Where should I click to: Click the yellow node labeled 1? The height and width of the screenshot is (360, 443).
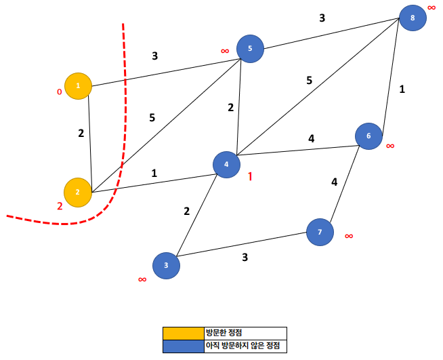[x=78, y=86]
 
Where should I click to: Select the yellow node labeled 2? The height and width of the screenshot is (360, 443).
[x=77, y=192]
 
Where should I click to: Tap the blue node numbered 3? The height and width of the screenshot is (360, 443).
[x=166, y=266]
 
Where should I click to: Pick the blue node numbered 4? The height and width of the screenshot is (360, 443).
[x=226, y=164]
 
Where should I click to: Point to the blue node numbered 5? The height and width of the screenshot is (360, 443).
[x=250, y=49]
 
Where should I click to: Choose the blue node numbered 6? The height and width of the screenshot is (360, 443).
[x=369, y=136]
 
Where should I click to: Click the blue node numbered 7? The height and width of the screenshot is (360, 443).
[x=320, y=233]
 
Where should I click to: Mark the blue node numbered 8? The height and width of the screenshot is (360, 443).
[x=413, y=18]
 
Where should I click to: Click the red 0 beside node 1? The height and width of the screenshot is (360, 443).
[x=59, y=92]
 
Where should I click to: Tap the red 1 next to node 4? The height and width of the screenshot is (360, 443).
[x=250, y=176]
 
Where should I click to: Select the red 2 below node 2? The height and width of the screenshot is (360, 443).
[x=60, y=206]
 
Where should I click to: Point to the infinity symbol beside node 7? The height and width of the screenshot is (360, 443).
[x=349, y=236]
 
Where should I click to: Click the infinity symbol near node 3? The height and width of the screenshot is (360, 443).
[x=142, y=279]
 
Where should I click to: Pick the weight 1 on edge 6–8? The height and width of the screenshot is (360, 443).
[x=402, y=88]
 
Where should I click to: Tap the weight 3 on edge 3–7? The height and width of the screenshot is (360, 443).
[x=245, y=257]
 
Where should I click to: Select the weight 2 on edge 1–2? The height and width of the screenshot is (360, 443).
[x=81, y=133]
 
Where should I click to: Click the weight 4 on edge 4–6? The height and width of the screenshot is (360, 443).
[x=312, y=139]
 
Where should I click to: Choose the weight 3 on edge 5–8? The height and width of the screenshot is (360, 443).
[x=322, y=18]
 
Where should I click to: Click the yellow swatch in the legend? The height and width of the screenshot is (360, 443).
[x=183, y=333]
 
